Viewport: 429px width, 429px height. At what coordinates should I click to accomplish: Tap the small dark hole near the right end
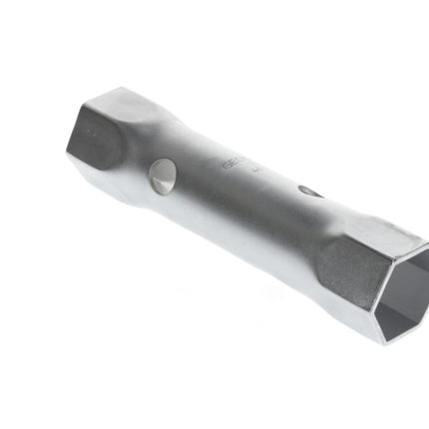pyautogui.click(x=310, y=191)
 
